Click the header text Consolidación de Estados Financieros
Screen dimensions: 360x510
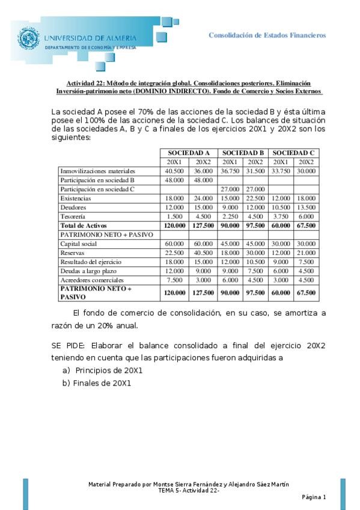point(267,35)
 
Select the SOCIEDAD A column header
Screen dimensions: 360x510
point(188,153)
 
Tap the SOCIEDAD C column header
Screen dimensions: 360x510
point(293,153)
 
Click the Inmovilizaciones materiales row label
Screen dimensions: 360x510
point(97,171)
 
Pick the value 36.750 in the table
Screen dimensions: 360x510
point(229,171)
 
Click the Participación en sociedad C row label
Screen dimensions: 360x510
point(97,189)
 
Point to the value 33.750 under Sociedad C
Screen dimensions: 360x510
point(281,171)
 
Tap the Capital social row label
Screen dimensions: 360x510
point(79,244)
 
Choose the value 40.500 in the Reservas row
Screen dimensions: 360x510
point(203,253)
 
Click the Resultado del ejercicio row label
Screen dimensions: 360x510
point(91,262)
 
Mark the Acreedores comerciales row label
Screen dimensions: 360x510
point(92,280)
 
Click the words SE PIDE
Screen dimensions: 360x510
point(68,346)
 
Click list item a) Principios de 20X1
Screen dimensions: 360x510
point(102,370)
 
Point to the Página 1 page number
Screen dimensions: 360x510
point(314,497)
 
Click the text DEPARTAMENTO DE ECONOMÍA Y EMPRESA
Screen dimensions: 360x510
point(91,47)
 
